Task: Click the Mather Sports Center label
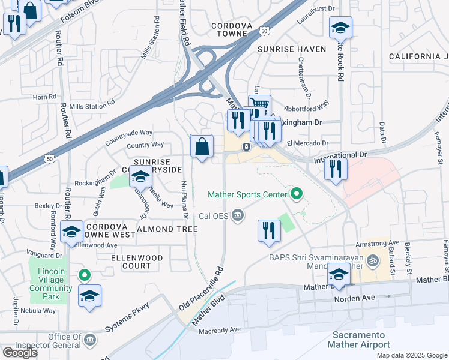tap(248, 194)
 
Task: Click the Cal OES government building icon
tap(239, 215)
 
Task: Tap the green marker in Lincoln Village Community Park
tap(85, 275)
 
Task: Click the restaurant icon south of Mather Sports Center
tap(269, 230)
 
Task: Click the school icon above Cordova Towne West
tap(71, 232)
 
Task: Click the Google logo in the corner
tap(20, 353)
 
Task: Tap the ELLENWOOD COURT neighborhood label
tap(137, 262)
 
